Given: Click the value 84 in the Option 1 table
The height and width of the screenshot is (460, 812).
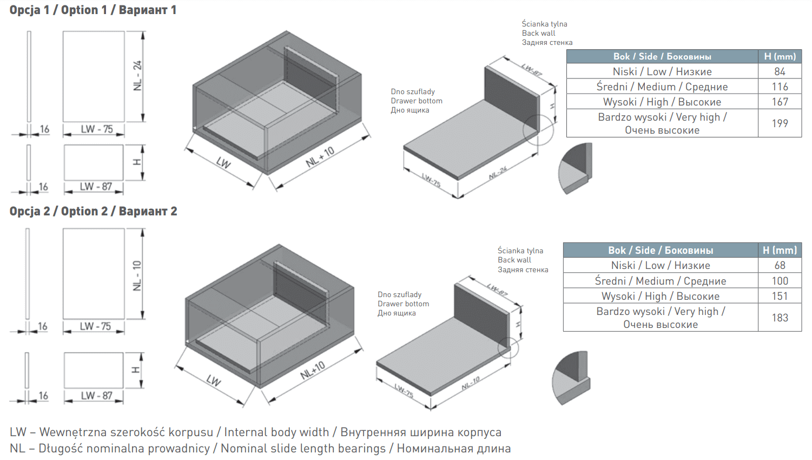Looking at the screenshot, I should (780, 71).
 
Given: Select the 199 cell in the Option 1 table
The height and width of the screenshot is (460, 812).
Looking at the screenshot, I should (780, 123).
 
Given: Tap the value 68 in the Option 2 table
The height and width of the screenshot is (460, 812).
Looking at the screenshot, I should (780, 265).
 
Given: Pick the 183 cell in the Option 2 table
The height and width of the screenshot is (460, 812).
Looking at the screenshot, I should (780, 318).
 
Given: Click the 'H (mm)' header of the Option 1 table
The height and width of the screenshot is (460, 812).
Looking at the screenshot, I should (780, 56).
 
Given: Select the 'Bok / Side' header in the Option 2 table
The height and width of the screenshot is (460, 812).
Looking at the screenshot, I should (661, 250).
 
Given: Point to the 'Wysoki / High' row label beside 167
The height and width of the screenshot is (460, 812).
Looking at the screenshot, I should (662, 102).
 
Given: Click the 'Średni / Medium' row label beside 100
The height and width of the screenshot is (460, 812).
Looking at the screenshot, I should (661, 281).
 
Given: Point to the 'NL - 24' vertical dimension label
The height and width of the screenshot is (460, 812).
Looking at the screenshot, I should (137, 75).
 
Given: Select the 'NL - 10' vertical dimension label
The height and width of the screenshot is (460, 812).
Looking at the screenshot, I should (137, 275).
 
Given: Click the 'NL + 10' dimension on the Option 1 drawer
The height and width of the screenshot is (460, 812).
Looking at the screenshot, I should (320, 157).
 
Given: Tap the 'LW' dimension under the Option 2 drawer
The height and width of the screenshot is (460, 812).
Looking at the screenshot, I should (214, 380).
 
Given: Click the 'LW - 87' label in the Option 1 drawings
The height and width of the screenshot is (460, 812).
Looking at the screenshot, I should (96, 187).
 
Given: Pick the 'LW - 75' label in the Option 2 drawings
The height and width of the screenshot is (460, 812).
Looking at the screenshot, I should (95, 326).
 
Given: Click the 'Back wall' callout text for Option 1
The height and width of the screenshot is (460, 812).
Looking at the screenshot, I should (538, 33).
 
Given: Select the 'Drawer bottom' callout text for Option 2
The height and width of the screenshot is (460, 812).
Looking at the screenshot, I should (403, 304).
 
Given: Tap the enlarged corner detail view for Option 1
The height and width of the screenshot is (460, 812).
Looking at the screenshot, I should (576, 168).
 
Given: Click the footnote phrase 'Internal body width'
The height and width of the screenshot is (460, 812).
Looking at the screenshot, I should (276, 432).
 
